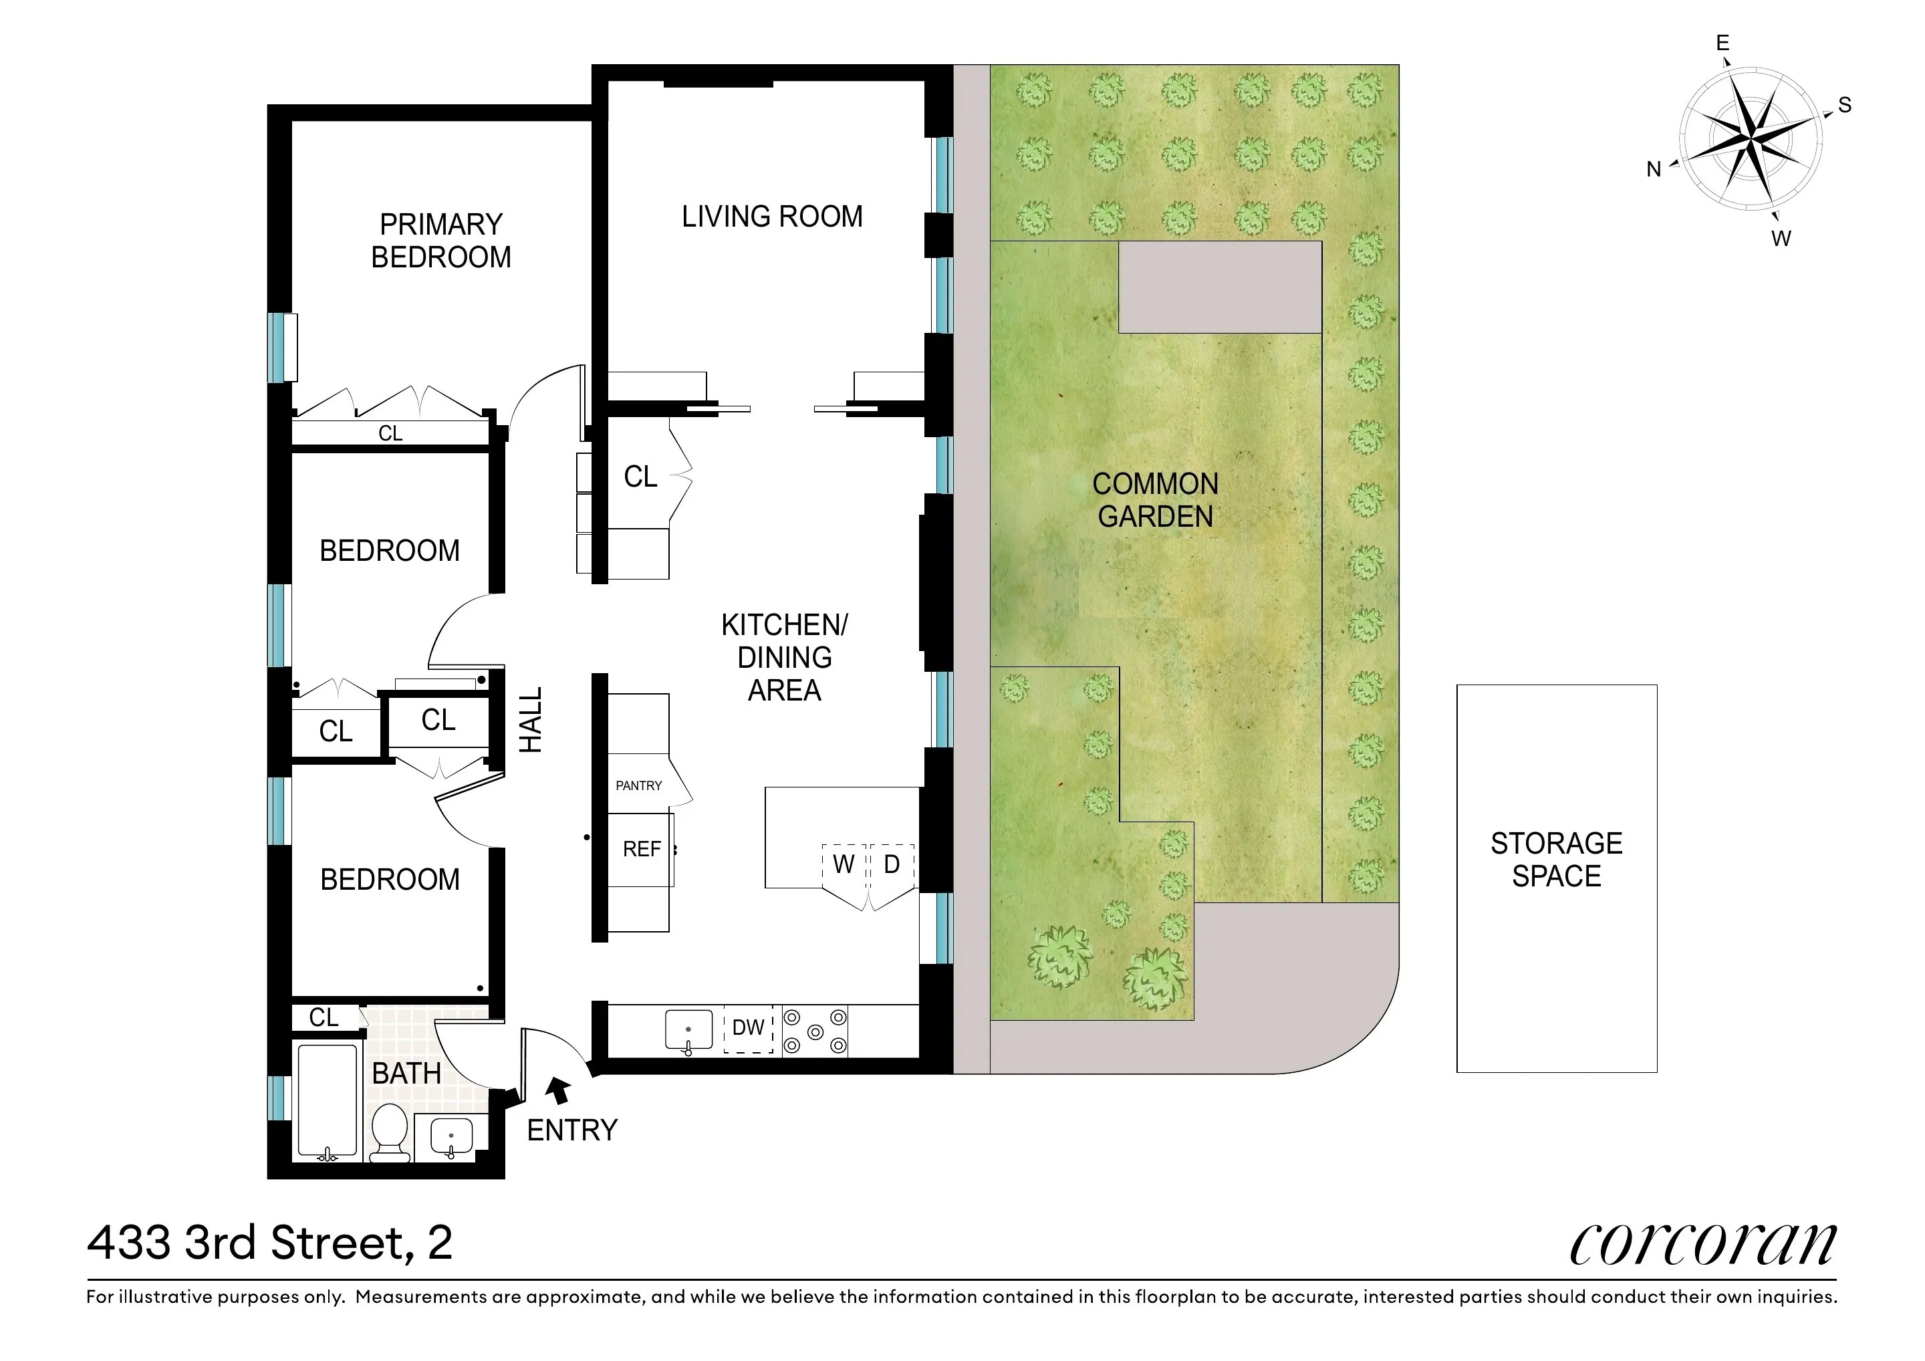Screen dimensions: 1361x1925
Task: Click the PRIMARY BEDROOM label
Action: [441, 241]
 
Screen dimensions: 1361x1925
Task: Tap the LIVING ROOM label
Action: [771, 217]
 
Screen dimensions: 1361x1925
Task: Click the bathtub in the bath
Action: [327, 1100]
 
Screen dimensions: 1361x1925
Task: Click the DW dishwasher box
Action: [748, 1028]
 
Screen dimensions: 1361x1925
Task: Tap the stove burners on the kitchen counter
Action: [815, 1031]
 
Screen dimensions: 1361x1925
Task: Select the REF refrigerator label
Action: [642, 850]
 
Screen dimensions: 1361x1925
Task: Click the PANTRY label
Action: [639, 785]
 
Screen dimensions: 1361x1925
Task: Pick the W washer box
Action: [844, 864]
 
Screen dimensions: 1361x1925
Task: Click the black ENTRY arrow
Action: [557, 1091]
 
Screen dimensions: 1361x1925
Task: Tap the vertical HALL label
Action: [531, 719]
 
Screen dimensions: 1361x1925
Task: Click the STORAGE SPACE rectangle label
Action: [1556, 860]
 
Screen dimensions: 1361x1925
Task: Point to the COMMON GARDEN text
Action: [1156, 500]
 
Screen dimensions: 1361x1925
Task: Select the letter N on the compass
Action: [1654, 169]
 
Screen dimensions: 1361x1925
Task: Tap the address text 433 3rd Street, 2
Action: [270, 1243]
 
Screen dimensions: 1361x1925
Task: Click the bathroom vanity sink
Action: [451, 1138]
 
